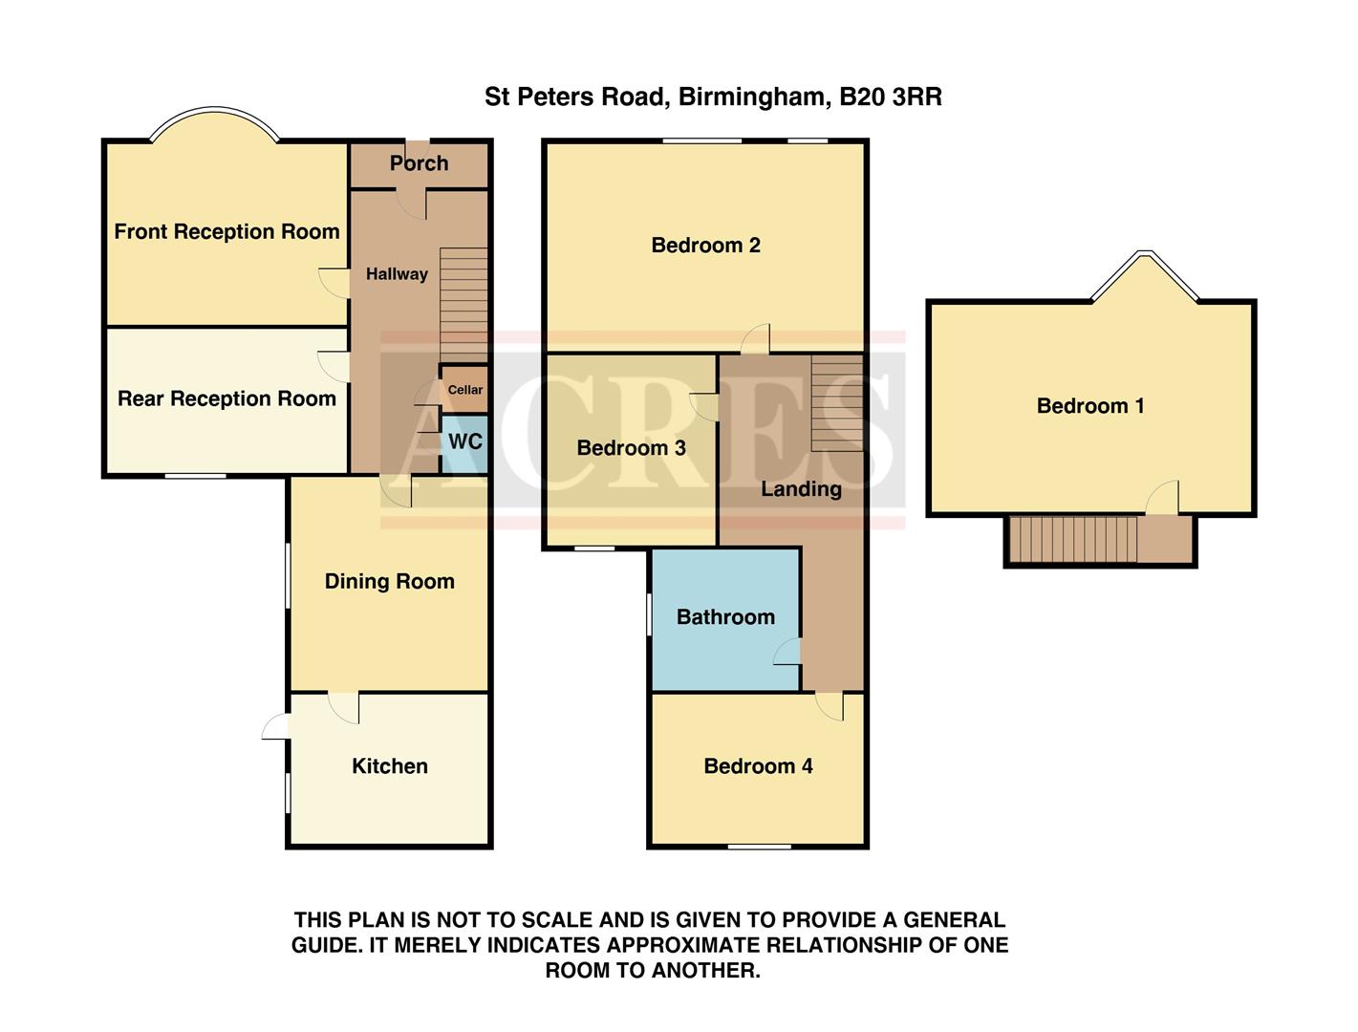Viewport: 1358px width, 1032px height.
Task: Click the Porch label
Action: pos(419,163)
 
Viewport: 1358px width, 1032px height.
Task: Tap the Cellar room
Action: pos(464,389)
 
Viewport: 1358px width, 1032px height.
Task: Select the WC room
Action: pos(464,442)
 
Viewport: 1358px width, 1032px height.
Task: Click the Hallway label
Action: pos(397,274)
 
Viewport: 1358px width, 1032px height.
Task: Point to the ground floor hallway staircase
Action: pos(463,304)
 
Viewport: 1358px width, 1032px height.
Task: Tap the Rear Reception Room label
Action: pos(226,399)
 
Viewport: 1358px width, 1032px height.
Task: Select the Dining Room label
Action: pos(389,582)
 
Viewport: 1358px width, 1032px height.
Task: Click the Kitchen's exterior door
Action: pos(276,727)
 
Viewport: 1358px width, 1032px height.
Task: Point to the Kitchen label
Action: pos(389,766)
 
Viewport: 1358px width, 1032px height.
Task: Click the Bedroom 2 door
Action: pos(757,339)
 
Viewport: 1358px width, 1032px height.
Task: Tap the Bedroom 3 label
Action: pos(631,448)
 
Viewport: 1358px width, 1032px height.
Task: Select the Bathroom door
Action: pos(788,652)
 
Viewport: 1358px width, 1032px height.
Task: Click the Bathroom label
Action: pos(725,617)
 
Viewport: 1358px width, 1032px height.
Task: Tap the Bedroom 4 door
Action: pos(830,705)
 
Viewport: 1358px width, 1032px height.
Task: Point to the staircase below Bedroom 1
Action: pos(1073,540)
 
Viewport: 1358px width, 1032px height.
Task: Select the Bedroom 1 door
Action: pos(1163,499)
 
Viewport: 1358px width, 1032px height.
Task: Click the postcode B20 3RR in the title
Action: pos(890,97)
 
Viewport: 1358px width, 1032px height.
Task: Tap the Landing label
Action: pos(801,489)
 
